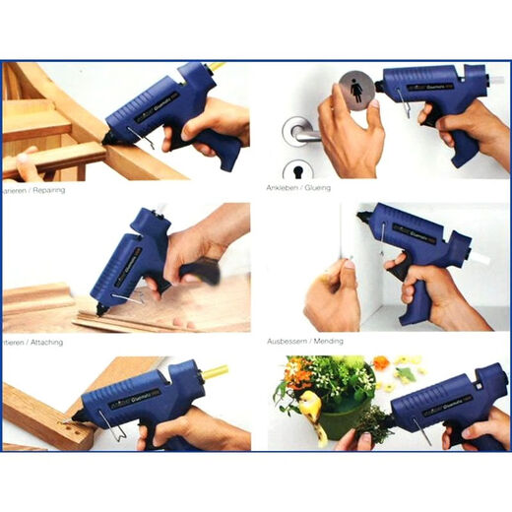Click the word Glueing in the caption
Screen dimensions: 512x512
coord(314,187)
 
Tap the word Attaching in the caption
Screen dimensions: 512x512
coord(40,337)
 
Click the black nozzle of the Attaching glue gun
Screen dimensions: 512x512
coord(100,309)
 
